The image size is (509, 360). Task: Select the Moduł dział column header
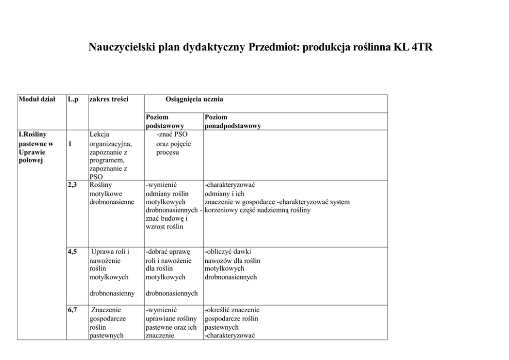(36, 99)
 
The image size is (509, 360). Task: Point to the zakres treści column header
(108, 99)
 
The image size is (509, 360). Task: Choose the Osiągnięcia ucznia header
(194, 99)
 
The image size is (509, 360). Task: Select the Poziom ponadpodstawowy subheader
(232, 121)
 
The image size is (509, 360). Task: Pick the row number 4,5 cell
(72, 252)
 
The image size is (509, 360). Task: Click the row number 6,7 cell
(72, 310)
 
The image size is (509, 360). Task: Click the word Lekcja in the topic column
(99, 135)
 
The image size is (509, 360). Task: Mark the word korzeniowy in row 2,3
(221, 210)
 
